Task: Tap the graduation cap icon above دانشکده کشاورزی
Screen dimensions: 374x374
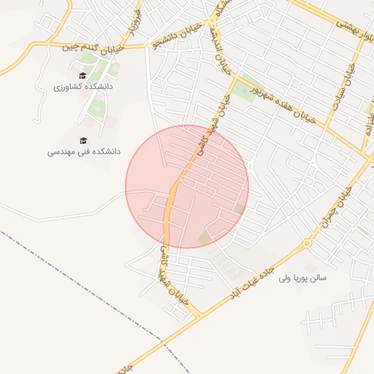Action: [x=83, y=75]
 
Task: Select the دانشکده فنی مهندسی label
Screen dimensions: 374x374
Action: [x=84, y=152]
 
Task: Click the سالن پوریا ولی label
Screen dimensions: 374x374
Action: [x=318, y=278]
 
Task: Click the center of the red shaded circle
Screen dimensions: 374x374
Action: [x=187, y=186]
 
